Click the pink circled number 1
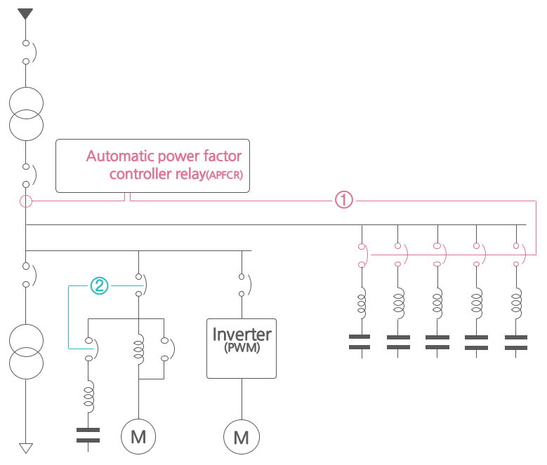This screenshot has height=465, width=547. [x=343, y=201]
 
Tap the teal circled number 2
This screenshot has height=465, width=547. [x=100, y=285]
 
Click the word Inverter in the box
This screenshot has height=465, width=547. [x=242, y=333]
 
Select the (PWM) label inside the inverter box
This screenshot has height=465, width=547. [x=242, y=348]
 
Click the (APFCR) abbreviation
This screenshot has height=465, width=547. [x=225, y=175]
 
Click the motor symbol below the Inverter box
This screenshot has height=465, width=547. [x=242, y=437]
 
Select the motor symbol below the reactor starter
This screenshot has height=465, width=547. [x=138, y=437]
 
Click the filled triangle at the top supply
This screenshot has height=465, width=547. [x=26, y=13]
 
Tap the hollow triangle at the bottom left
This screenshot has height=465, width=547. [x=26, y=448]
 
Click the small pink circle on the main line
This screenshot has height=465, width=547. [x=26, y=202]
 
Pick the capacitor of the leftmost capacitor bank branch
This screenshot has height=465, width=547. [x=360, y=342]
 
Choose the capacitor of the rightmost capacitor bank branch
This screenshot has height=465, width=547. [x=516, y=342]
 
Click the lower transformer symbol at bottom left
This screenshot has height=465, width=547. [x=26, y=350]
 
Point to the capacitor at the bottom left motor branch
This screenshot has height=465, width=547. [x=88, y=435]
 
